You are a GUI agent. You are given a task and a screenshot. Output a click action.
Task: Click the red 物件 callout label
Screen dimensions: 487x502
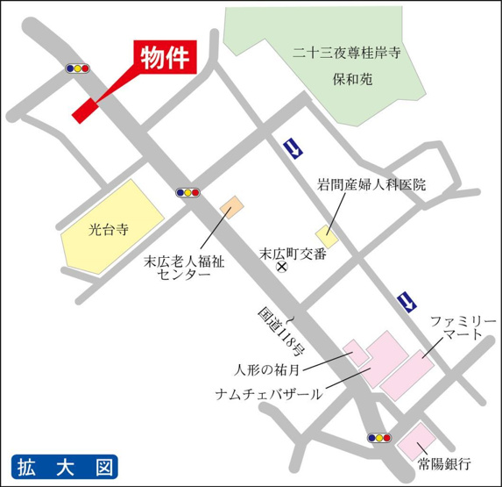[x=165, y=56]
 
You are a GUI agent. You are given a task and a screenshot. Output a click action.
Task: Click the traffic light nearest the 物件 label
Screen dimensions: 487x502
[x=78, y=67]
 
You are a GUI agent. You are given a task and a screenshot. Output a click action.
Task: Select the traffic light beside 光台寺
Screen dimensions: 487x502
[x=188, y=191]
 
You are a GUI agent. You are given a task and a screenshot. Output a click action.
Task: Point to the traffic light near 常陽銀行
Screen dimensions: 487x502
[x=379, y=436]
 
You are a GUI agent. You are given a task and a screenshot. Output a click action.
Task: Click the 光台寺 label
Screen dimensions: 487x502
[x=109, y=231]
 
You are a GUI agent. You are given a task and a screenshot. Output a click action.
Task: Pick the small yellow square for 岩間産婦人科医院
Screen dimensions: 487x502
[x=328, y=235]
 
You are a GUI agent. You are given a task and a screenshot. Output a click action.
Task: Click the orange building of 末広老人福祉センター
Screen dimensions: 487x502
[x=231, y=207]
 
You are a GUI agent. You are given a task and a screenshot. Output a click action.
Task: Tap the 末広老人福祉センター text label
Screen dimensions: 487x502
[x=183, y=267]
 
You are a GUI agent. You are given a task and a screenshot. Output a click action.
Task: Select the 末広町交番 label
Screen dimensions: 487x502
[x=293, y=254]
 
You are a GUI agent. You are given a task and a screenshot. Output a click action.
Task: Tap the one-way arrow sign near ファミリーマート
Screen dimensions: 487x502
[x=407, y=302]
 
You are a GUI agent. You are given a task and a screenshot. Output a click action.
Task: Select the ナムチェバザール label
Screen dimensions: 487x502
[x=269, y=394]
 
